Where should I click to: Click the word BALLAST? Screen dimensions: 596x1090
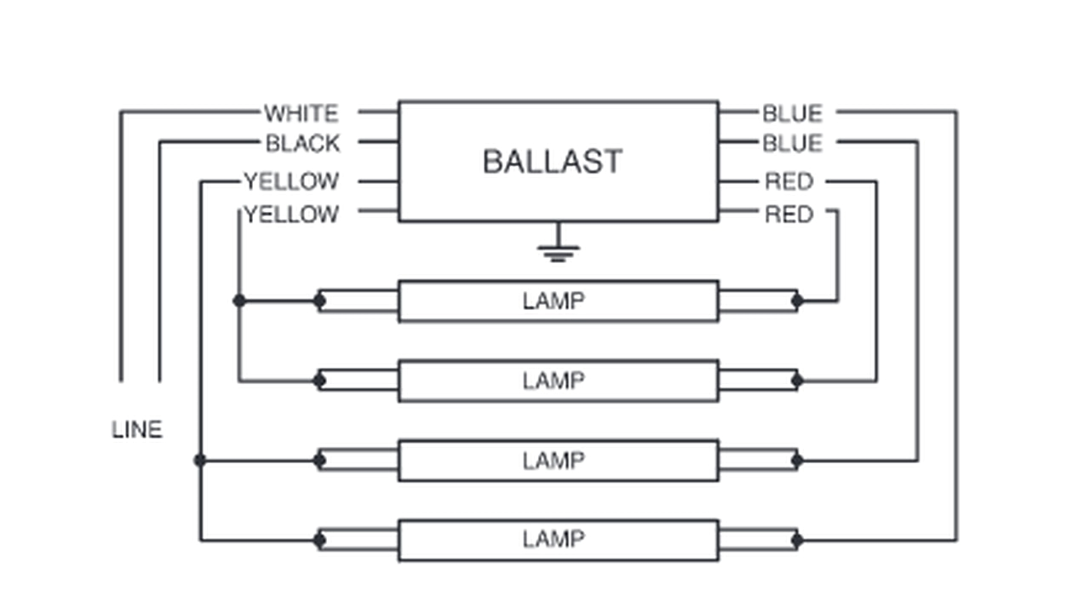[553, 162]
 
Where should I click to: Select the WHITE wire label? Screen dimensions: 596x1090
[301, 113]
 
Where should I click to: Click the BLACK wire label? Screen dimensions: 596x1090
[303, 143]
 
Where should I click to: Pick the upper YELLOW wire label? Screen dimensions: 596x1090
[291, 181]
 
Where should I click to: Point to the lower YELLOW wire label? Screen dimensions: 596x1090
[291, 215]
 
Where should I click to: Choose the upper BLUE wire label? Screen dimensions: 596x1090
[792, 113]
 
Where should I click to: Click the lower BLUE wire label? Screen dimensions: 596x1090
[792, 143]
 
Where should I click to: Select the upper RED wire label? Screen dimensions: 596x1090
[789, 181]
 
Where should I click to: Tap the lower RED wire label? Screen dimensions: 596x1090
[789, 215]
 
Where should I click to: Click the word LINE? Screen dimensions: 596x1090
[137, 430]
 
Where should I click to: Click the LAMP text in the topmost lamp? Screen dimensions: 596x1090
[554, 301]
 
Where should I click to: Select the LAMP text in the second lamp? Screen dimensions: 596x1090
[554, 381]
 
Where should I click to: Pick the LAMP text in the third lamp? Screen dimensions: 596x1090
[554, 461]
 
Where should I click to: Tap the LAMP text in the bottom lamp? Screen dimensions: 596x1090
[554, 539]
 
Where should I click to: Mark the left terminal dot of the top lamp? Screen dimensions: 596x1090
[319, 301]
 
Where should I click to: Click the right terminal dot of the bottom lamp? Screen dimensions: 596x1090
[797, 540]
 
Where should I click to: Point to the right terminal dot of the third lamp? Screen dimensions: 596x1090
[797, 461]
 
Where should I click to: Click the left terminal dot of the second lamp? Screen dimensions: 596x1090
[319, 380]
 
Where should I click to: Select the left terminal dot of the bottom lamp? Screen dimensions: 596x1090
[319, 540]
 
